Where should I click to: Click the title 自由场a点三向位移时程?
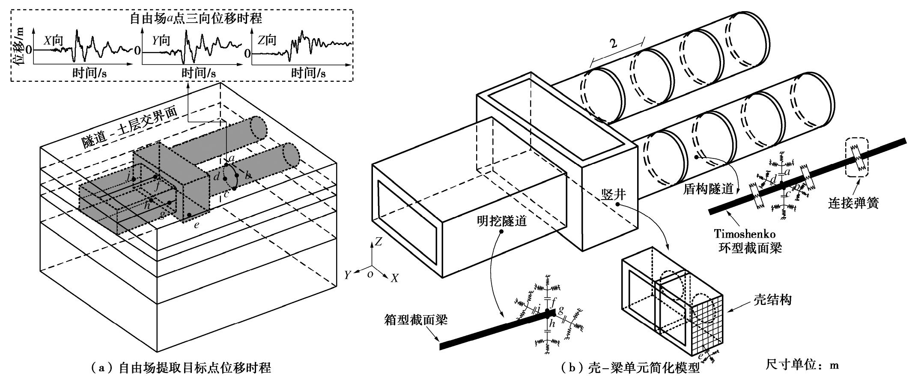tap(196, 18)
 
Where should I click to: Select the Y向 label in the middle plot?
tap(161, 41)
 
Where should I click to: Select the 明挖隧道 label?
tap(501, 221)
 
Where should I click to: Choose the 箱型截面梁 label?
tap(416, 320)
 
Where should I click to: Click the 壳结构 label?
tap(772, 300)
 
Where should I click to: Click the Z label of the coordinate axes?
tap(378, 242)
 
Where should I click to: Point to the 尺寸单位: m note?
tap(802, 365)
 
